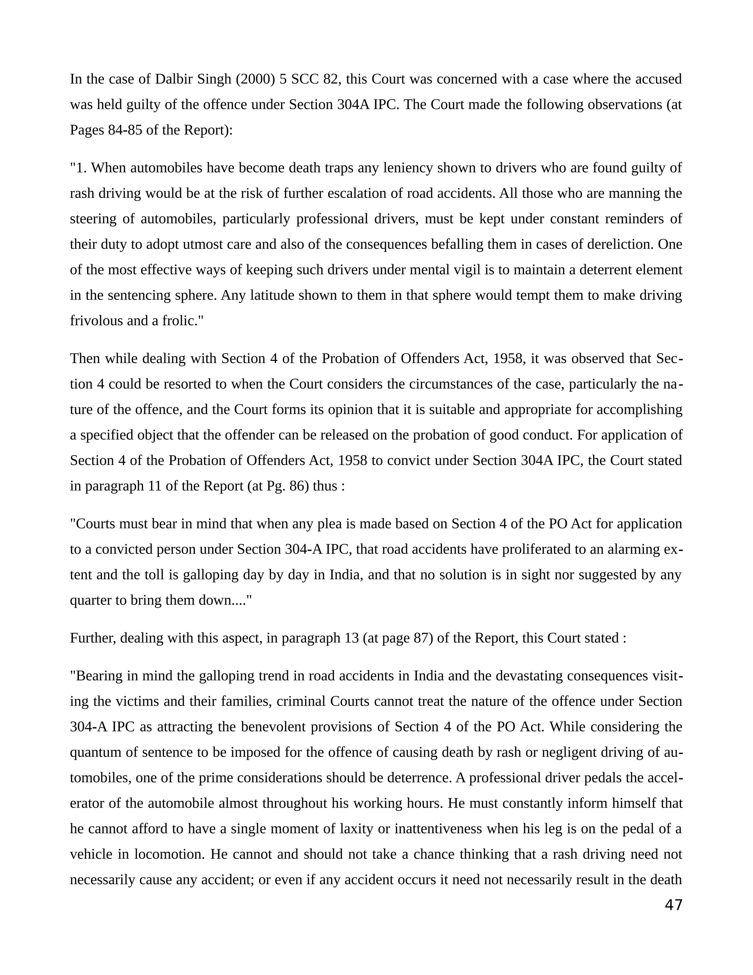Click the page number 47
coord(673,905)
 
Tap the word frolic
coord(184,321)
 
